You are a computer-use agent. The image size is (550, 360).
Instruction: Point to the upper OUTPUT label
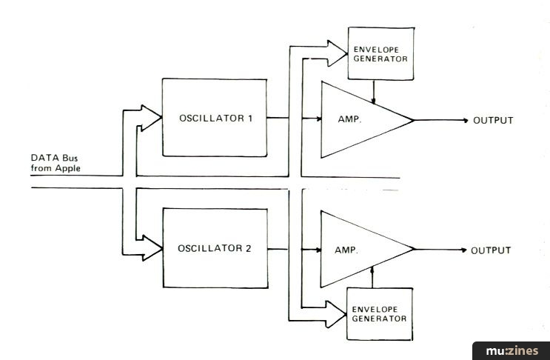493,120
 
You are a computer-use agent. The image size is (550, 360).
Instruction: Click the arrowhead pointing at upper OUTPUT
463,120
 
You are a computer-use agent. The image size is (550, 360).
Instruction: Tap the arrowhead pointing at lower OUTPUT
463,250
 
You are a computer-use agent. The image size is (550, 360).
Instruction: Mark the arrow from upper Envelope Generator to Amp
375,92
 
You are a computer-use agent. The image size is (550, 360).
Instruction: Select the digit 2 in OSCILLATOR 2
249,250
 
